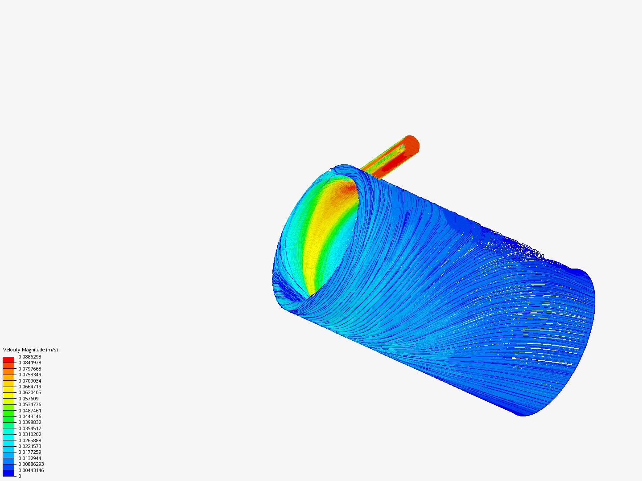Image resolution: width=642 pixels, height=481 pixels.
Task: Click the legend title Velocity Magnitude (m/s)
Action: pyautogui.click(x=30, y=350)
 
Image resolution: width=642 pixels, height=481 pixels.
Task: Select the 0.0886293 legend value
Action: pyautogui.click(x=30, y=357)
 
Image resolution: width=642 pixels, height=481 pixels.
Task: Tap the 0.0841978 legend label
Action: pyautogui.click(x=30, y=363)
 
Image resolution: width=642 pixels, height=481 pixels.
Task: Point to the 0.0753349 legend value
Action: pyautogui.click(x=30, y=375)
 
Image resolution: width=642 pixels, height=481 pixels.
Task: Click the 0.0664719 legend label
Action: pyautogui.click(x=30, y=387)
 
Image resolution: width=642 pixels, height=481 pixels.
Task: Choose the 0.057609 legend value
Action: pyautogui.click(x=29, y=399)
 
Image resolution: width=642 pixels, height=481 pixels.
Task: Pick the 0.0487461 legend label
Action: pyautogui.click(x=30, y=411)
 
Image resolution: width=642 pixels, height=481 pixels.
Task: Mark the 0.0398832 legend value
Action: pyautogui.click(x=30, y=422)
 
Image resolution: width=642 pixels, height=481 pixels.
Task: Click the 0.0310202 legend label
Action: pyautogui.click(x=30, y=434)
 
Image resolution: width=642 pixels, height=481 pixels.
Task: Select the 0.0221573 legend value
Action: pyautogui.click(x=30, y=446)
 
